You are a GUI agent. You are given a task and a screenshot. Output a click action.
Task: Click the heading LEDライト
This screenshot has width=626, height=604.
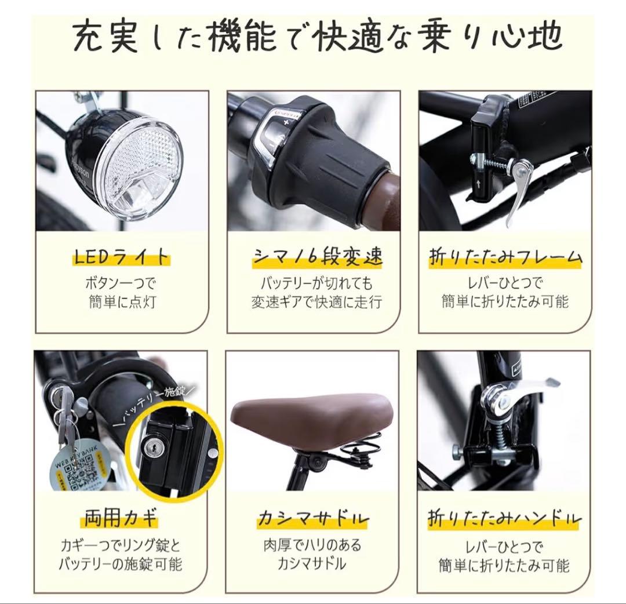click(121, 256)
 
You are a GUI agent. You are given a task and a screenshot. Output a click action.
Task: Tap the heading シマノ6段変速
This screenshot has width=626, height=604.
click(318, 256)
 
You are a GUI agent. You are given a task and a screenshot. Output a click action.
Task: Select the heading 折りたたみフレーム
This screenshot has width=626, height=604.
click(505, 257)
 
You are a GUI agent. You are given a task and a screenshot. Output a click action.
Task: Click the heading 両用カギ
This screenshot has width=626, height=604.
click(121, 518)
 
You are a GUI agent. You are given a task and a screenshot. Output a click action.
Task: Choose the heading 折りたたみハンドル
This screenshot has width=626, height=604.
click(505, 518)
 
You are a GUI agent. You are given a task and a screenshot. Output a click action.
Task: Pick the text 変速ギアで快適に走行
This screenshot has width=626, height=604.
click(317, 302)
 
